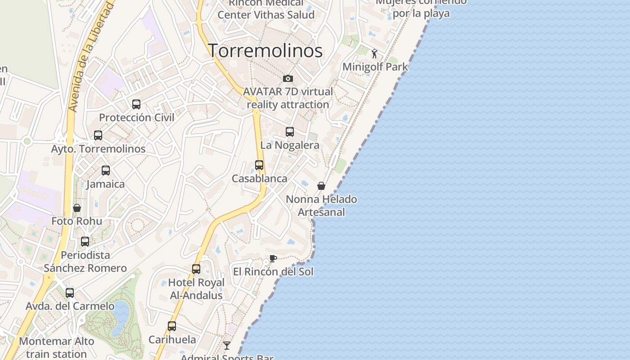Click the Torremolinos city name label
pos(265,50)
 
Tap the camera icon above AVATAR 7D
pos(288,79)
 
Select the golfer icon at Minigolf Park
pos(374,54)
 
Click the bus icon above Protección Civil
pos(136,104)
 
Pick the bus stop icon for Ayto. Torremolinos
pos(98,135)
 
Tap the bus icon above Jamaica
pos(106,171)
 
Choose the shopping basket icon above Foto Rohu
pos(77,208)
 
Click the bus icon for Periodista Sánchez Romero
pos(85,242)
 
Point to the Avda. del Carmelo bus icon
pos(70,293)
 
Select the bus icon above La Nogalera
pos(290,132)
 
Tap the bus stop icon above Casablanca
pos(259,165)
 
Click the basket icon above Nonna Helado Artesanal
pos(321,186)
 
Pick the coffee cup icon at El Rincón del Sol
pos(273,258)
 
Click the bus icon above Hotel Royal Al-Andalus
pos(196,269)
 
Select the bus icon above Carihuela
pos(172,326)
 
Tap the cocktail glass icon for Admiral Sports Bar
pos(227,346)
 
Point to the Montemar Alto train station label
pos(57,347)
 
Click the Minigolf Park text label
pos(375,67)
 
